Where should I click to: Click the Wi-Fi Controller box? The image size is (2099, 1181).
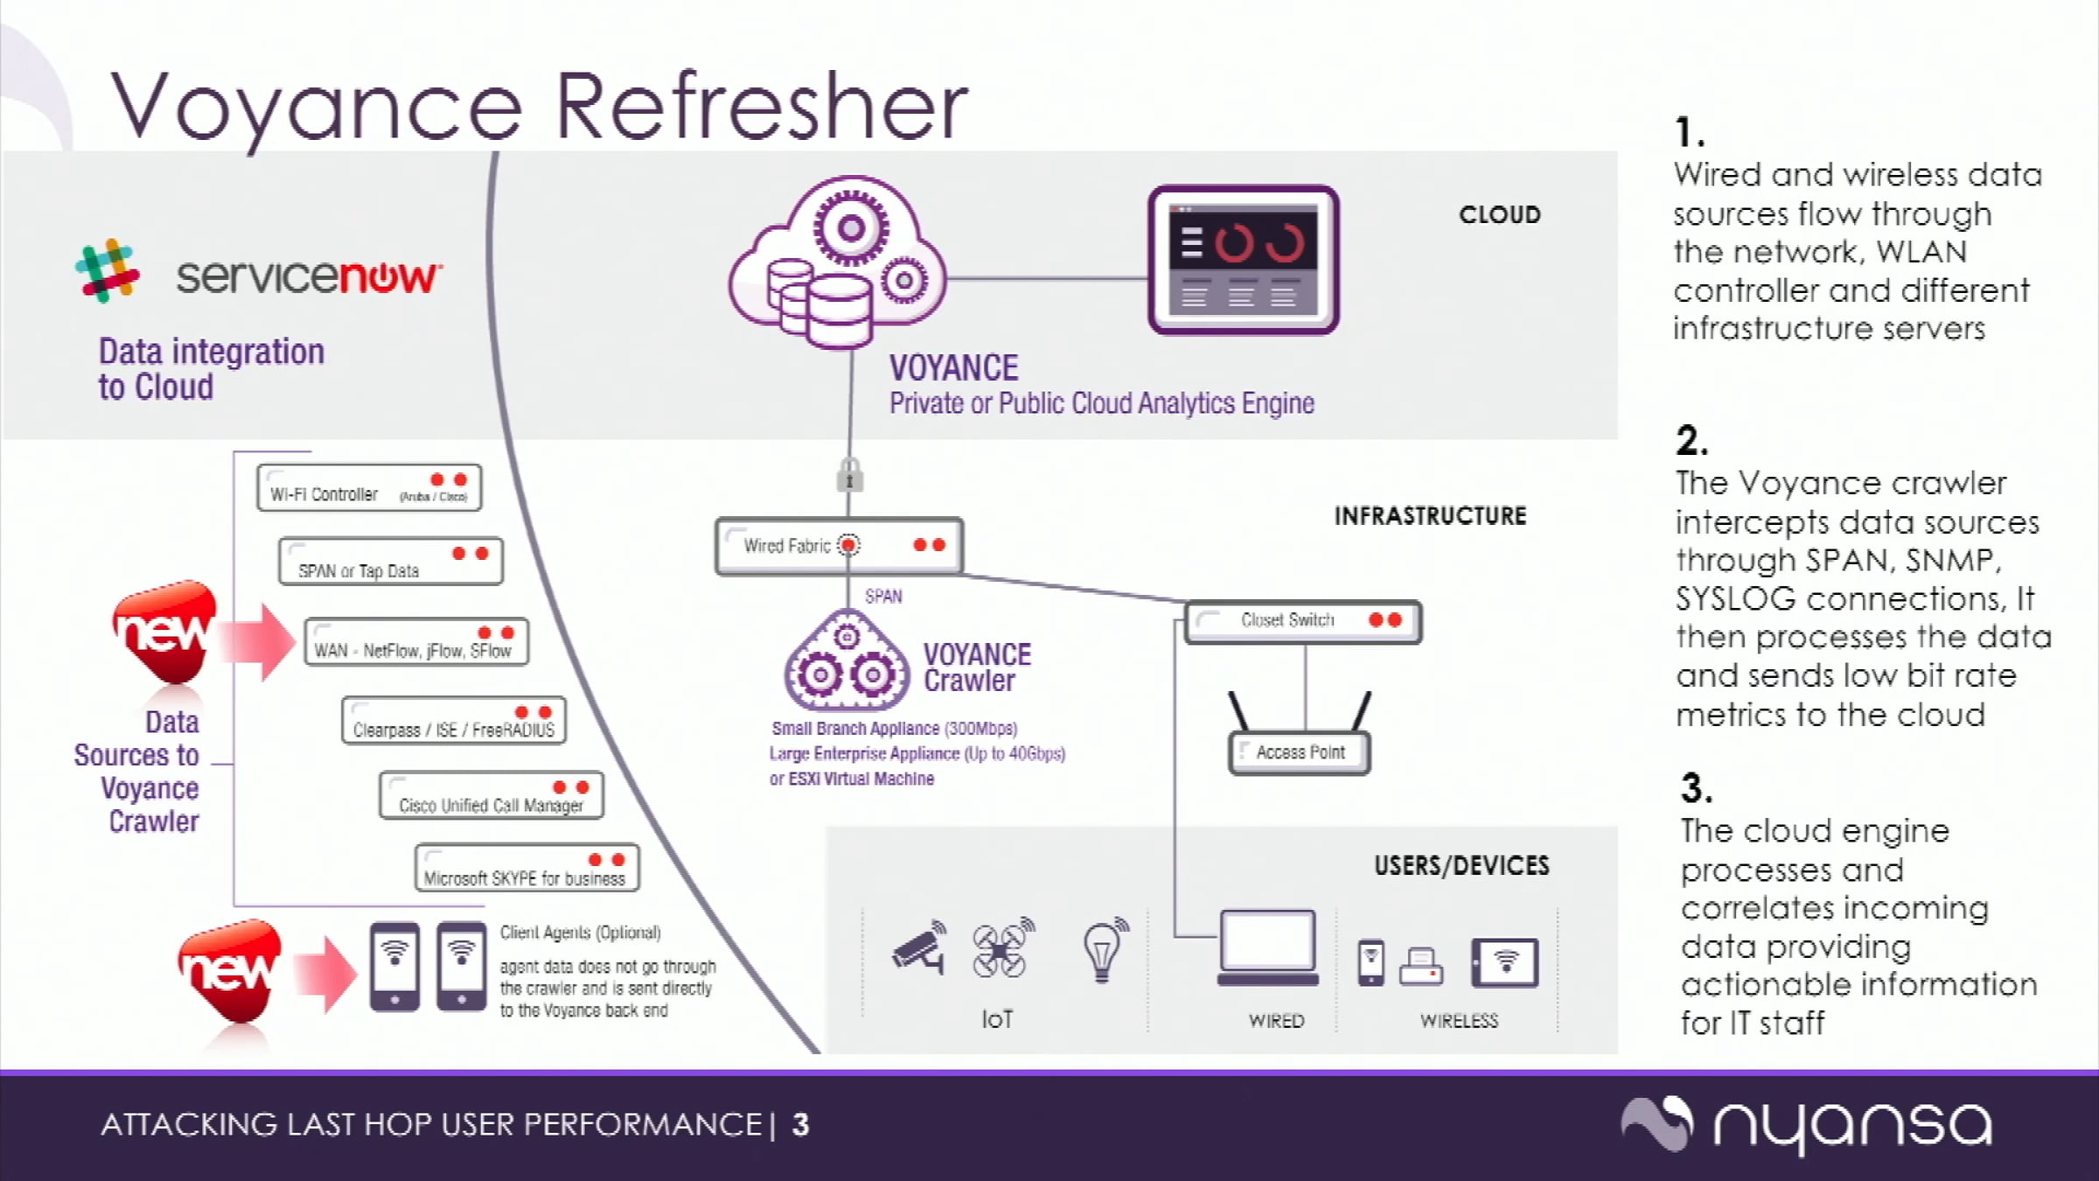(x=369, y=487)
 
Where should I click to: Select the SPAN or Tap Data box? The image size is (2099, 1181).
(x=391, y=561)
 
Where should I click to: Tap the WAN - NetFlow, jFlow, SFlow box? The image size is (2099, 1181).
(x=416, y=641)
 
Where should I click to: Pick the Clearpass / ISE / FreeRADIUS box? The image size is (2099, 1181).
(x=454, y=720)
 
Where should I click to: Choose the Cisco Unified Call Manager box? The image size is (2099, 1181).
(x=492, y=794)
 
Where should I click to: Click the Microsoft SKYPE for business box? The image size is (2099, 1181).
(x=527, y=868)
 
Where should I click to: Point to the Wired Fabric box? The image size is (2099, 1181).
(x=840, y=546)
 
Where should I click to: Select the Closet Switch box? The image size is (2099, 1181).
(x=1303, y=622)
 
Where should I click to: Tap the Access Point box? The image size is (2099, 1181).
(x=1300, y=752)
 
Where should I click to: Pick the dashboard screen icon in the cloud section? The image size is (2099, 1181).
(x=1244, y=260)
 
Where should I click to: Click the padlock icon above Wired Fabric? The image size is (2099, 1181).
(x=850, y=475)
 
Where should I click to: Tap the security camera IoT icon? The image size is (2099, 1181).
(x=918, y=947)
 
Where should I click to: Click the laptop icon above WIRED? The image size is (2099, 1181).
(x=1268, y=948)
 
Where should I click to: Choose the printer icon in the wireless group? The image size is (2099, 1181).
(x=1421, y=967)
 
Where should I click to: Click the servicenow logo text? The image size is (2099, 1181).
(x=309, y=276)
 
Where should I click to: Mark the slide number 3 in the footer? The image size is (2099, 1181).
(x=800, y=1124)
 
